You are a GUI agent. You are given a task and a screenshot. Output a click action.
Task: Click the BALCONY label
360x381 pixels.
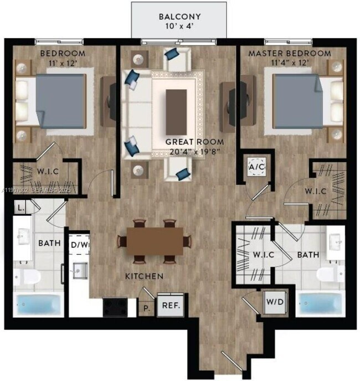[179, 17]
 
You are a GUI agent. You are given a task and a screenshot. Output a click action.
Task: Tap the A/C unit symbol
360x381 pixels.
[256, 167]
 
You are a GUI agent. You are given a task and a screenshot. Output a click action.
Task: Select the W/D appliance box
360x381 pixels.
[273, 303]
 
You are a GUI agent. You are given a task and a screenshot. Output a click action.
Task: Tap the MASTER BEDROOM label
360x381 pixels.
[289, 53]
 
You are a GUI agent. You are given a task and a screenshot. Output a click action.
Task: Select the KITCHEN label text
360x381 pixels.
[143, 275]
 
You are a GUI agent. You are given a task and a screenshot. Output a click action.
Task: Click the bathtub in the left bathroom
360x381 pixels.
[35, 304]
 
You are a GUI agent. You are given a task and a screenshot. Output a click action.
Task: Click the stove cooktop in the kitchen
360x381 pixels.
[115, 305]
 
